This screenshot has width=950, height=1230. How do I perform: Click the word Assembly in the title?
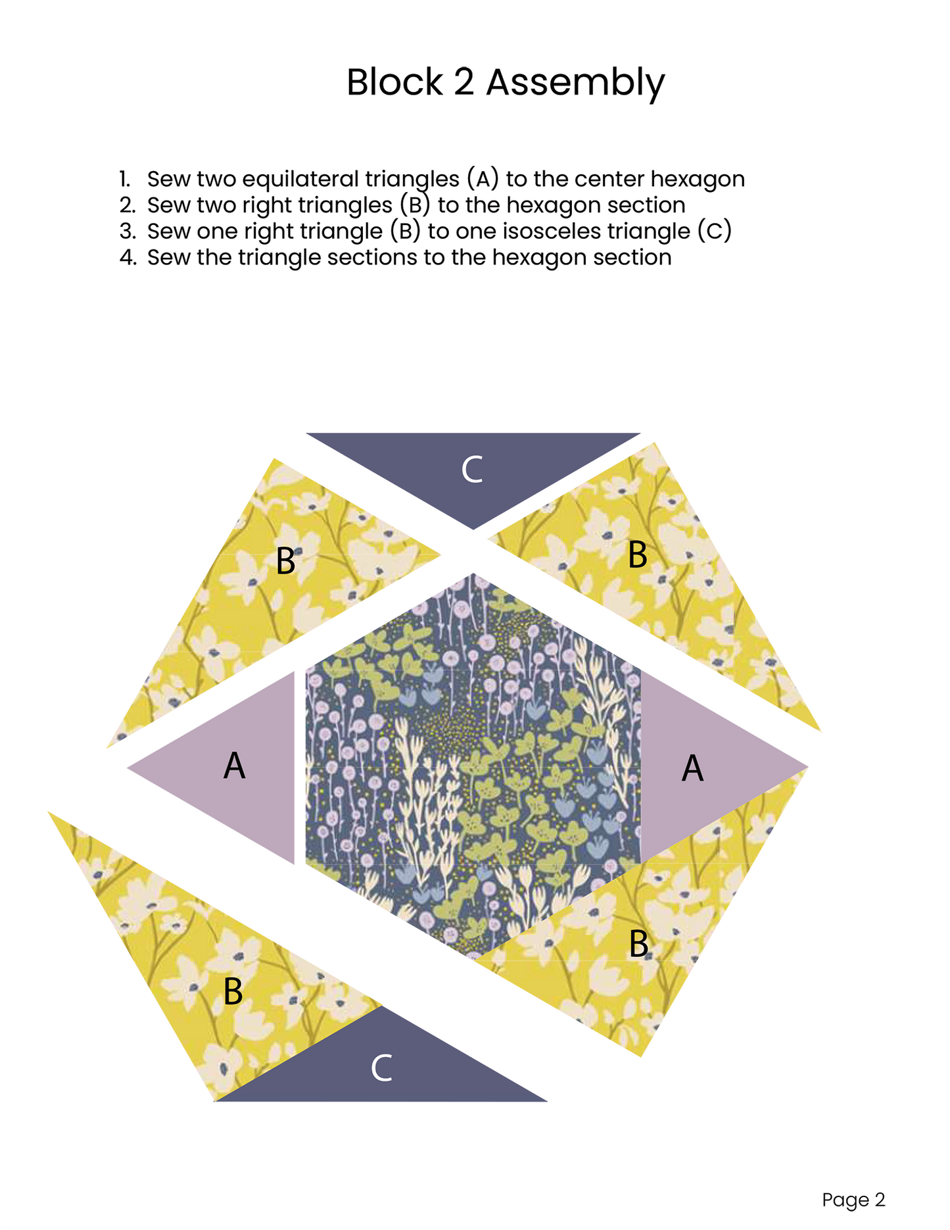(575, 84)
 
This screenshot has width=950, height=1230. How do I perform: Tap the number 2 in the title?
(464, 82)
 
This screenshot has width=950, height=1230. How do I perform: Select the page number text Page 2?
(853, 1200)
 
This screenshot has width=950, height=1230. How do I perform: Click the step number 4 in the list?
(128, 257)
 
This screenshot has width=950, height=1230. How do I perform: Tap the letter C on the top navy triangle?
(472, 470)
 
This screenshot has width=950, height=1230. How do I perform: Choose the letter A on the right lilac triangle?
(692, 768)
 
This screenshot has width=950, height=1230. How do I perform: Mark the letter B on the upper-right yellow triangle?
(638, 554)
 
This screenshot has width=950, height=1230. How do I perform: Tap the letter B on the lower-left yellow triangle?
(233, 991)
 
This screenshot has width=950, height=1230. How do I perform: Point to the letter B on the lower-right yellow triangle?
(638, 944)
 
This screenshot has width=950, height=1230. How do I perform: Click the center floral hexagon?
(473, 767)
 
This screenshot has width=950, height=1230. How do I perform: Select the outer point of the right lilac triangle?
(808, 767)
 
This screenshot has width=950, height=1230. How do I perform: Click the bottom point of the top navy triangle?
(473, 529)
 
